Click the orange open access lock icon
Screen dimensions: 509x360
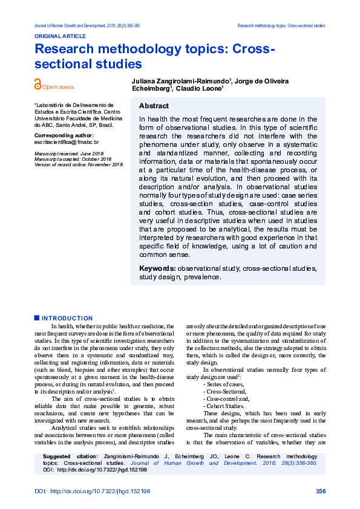click(x=38, y=86)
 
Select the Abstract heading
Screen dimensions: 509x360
click(x=154, y=106)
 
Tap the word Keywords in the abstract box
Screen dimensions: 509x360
click(x=157, y=268)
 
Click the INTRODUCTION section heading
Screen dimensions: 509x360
click(x=67, y=318)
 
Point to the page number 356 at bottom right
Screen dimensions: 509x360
click(x=321, y=491)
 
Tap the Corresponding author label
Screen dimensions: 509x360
click(x=64, y=135)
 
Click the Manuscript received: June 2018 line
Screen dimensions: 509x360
click(x=68, y=154)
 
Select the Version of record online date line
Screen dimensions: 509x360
click(x=78, y=164)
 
